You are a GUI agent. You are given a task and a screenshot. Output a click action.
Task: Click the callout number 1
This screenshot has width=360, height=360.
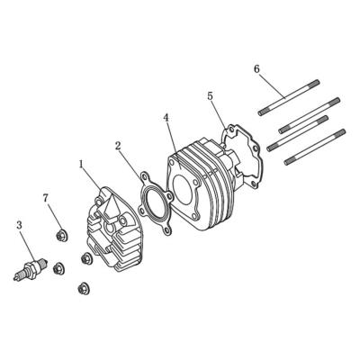[81, 165]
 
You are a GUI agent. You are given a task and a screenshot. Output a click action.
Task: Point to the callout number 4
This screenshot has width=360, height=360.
[166, 117]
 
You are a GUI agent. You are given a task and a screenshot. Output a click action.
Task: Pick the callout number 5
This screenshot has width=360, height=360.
[210, 95]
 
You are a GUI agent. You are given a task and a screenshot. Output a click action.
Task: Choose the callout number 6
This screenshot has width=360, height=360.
[256, 69]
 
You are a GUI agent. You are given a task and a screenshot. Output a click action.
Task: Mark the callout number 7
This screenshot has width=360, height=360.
[46, 197]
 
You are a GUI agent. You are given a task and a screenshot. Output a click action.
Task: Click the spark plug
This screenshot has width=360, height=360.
[30, 269]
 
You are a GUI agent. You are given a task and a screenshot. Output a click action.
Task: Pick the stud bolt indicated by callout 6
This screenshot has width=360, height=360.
[288, 98]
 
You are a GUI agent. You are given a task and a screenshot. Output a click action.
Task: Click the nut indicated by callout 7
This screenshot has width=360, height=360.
[62, 237]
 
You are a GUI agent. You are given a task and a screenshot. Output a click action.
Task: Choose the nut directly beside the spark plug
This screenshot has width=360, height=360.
[57, 267]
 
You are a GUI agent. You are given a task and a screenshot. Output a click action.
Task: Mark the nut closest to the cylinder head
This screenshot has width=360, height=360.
[86, 259]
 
